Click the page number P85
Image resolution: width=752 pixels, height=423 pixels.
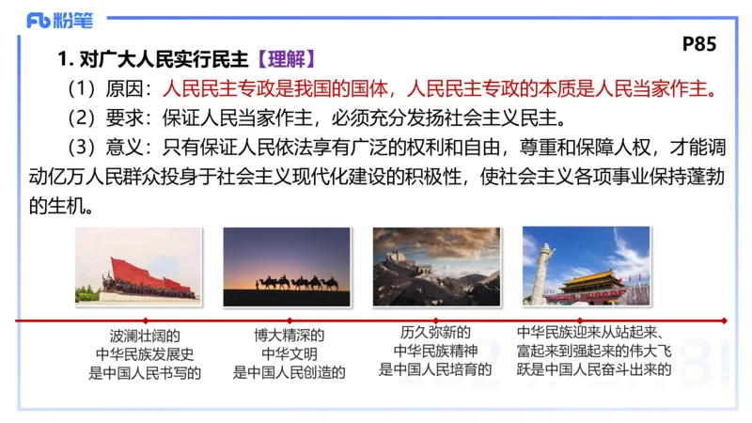click(x=698, y=44)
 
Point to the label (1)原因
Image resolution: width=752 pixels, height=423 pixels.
click(x=108, y=89)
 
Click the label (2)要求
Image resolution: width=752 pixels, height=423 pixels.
click(x=108, y=118)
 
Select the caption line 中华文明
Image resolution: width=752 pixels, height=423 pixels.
click(x=290, y=352)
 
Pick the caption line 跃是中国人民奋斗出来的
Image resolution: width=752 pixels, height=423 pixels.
click(x=593, y=368)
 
